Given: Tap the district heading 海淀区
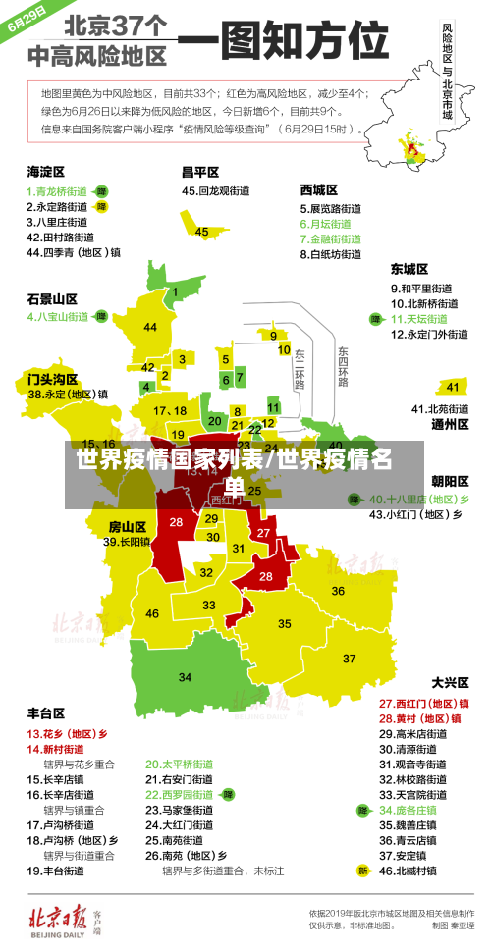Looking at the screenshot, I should pos(45,171).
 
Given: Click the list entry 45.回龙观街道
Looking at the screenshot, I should pos(218,191).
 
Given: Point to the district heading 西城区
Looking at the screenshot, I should pos(319,188).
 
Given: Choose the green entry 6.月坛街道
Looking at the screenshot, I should pos(330,224).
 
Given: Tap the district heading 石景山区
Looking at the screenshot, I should pos(51,298).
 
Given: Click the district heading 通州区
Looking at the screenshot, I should pos(451,425).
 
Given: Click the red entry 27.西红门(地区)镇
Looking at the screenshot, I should pos(423,703).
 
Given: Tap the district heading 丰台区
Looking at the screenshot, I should pos(45,712).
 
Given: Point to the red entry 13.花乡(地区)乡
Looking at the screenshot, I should pos(67,733).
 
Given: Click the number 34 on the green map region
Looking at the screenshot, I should pos(185,677).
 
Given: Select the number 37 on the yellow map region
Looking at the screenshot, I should pos(349,658).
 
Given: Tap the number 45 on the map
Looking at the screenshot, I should pos(201,232).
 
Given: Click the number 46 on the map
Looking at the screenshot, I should pos(152,613).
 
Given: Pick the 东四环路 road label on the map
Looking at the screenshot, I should pos(343,365).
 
